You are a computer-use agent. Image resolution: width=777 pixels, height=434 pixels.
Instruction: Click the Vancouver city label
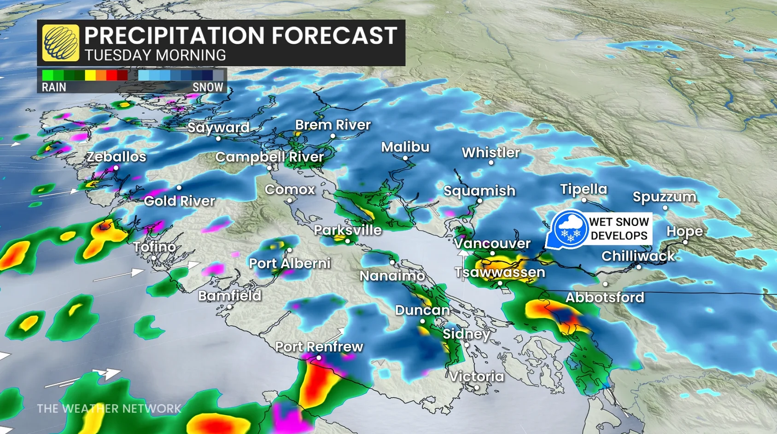(x=492, y=243)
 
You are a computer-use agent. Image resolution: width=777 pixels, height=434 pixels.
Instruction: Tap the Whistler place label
(x=491, y=153)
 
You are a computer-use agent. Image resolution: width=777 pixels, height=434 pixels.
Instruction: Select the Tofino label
(x=155, y=247)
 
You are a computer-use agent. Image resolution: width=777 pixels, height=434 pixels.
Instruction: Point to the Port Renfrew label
(x=319, y=347)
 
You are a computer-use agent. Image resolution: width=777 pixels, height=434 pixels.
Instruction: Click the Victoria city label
(x=476, y=376)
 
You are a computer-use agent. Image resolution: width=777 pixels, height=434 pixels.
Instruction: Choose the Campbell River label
(x=269, y=157)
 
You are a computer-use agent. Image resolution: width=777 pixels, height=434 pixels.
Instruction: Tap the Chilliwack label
(x=638, y=256)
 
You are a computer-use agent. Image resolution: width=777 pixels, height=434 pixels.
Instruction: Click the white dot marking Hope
(x=685, y=242)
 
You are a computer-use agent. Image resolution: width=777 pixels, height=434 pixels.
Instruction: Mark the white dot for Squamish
(x=479, y=201)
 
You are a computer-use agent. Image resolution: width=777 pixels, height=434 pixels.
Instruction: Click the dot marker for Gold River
(x=179, y=188)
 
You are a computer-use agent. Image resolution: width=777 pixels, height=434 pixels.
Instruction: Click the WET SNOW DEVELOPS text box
(x=619, y=229)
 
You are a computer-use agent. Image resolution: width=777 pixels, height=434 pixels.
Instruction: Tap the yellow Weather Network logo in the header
(x=60, y=43)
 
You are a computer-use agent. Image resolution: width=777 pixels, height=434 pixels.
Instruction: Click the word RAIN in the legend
(x=54, y=87)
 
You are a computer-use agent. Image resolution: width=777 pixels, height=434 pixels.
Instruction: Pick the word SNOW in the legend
(x=208, y=87)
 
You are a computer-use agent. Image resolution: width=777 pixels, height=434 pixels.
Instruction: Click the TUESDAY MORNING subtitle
(x=155, y=55)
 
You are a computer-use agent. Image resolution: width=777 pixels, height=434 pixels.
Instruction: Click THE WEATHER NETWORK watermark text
(x=109, y=409)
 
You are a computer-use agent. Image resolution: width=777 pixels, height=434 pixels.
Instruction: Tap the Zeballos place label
(x=116, y=157)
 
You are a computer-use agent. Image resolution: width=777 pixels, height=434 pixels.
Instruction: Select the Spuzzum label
(x=664, y=197)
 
